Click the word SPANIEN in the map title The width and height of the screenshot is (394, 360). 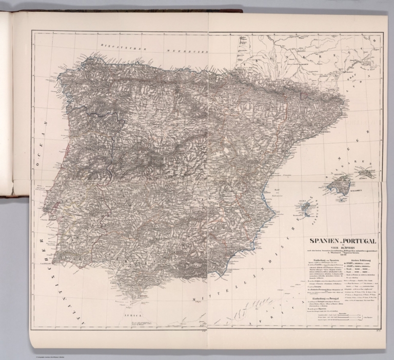click(x=322, y=241)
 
